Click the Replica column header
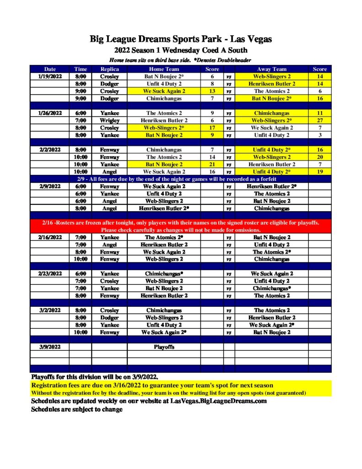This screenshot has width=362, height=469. point(109,69)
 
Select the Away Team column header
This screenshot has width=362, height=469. point(272,69)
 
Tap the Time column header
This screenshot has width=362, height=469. point(81,69)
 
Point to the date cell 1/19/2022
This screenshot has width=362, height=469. point(49,76)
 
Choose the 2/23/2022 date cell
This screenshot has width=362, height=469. point(49,273)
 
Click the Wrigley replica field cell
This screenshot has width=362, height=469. point(109,120)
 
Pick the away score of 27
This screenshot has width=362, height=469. point(319,120)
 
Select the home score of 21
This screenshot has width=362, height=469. point(212,164)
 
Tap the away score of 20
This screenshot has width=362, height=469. point(319,157)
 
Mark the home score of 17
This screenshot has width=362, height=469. point(212,127)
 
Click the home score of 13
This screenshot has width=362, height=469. point(212,91)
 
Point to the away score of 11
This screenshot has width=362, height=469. point(319,113)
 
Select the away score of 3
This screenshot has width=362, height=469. point(319,135)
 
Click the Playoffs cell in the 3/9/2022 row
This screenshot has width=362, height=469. point(164,347)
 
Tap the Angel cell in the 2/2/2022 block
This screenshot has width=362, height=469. point(109,171)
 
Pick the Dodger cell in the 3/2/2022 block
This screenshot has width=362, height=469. point(109,317)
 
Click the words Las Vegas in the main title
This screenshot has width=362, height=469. point(254,39)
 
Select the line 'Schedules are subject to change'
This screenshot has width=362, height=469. point(76,409)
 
